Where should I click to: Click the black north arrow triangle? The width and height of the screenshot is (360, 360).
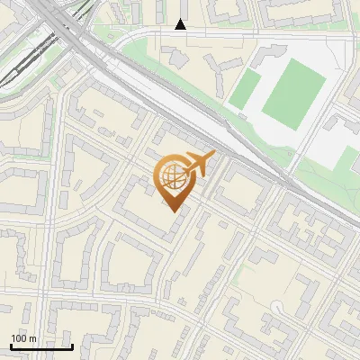point(181,24)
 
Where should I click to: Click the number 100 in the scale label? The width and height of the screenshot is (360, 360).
point(19,338)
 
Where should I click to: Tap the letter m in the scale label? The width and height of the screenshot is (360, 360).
point(31,338)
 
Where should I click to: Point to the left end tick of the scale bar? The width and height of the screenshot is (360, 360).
point(10,346)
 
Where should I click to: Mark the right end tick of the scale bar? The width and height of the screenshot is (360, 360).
point(72,346)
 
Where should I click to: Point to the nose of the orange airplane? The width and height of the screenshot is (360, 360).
point(214,155)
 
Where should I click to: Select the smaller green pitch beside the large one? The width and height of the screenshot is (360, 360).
point(244,89)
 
